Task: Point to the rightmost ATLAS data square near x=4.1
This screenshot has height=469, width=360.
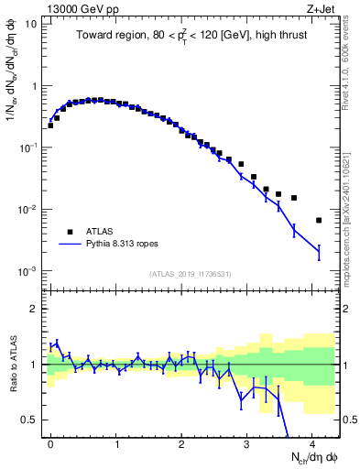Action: pyautogui.click(x=319, y=220)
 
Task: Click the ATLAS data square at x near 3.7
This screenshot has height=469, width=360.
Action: pyautogui.click(x=293, y=197)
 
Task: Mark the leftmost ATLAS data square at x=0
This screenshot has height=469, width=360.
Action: pyautogui.click(x=50, y=125)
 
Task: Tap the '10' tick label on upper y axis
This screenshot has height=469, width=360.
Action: pyautogui.click(x=31, y=24)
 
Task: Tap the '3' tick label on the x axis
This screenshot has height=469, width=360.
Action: pyautogui.click(x=246, y=442)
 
